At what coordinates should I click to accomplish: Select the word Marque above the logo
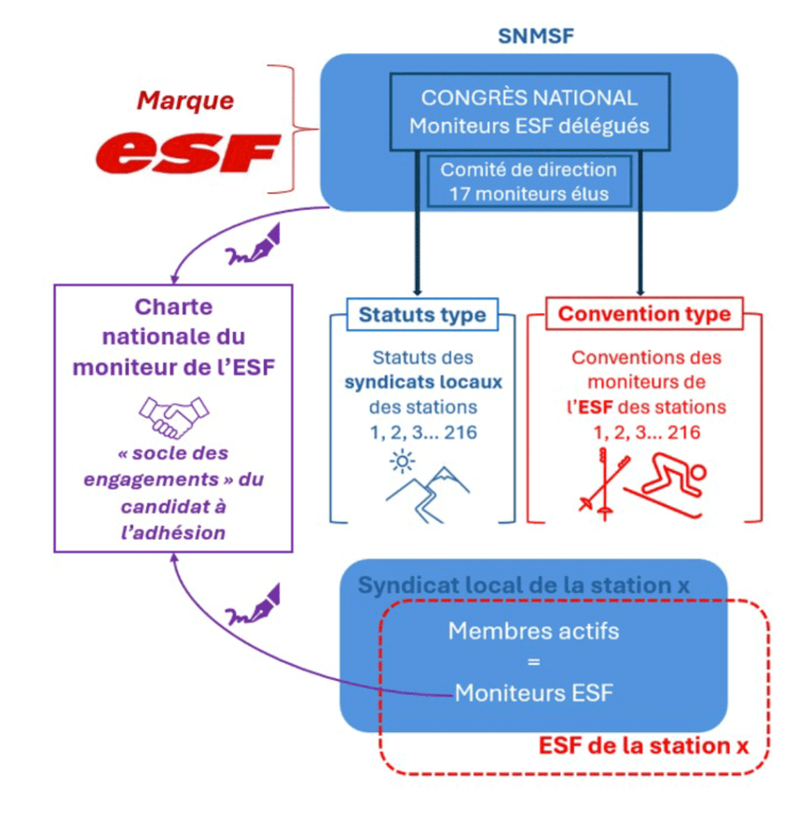point(186,99)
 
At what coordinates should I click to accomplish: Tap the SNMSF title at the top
point(536,36)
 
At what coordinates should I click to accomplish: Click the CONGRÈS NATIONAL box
point(529,111)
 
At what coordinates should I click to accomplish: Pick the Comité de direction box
point(529,182)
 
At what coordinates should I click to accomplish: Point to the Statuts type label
point(422,315)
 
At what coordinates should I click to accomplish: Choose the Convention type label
point(644,313)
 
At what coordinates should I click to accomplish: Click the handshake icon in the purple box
point(172,416)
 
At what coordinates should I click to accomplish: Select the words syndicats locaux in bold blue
point(422,382)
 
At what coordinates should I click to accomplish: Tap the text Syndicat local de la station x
point(524,586)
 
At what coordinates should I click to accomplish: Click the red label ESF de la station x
point(644,746)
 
